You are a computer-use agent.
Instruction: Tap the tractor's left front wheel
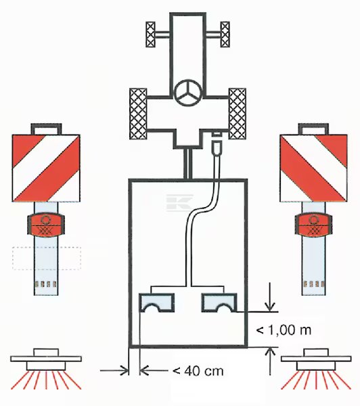(150, 35)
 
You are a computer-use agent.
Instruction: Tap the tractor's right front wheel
(225, 35)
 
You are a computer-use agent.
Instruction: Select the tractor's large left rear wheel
(138, 114)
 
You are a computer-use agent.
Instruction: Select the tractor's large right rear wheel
(238, 114)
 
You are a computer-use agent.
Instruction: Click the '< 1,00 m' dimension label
(284, 330)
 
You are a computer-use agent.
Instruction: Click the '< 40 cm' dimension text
(198, 371)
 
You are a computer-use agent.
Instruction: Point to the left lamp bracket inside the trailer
(157, 302)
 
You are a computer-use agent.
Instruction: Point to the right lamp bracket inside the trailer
(219, 302)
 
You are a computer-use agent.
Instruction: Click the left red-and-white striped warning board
(46, 168)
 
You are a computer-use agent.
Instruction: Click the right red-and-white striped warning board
(313, 168)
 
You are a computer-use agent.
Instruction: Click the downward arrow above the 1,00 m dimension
(270, 297)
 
